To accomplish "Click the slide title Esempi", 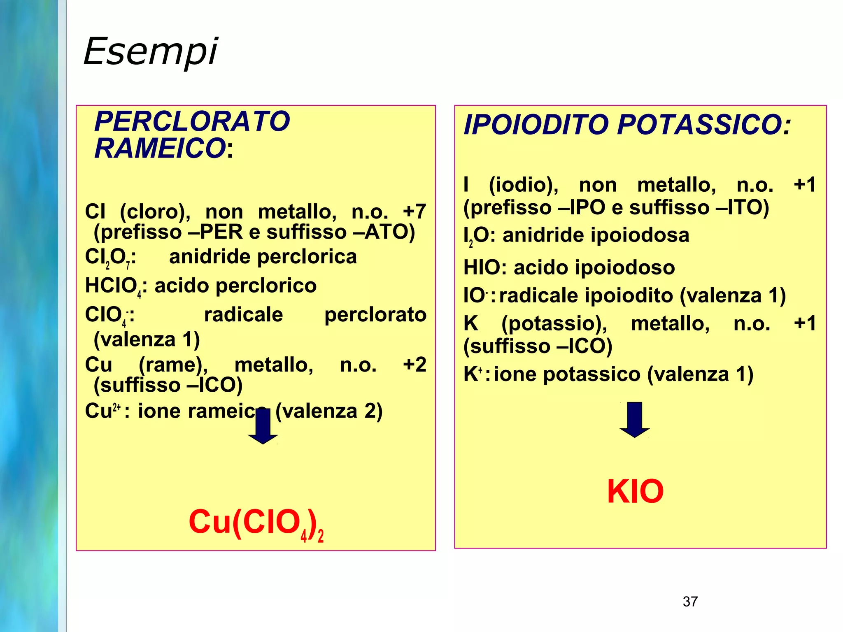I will coord(151,51).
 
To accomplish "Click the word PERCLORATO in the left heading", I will coord(192,121).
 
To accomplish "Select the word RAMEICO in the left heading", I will coord(160,148).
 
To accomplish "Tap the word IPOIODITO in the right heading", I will coord(536,125).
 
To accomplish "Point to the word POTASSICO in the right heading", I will coord(704,125).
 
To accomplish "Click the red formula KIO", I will coord(635,491).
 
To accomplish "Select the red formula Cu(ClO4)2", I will coord(256,523).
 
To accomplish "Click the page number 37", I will coord(690,602).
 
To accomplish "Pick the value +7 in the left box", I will coord(414,211).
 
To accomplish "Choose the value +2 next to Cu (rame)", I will coord(414,365).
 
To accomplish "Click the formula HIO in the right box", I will coord(481,267).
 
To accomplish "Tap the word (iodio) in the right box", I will coord(523,185).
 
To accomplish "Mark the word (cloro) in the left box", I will coord(155,212).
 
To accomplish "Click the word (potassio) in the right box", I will coord(554,323).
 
